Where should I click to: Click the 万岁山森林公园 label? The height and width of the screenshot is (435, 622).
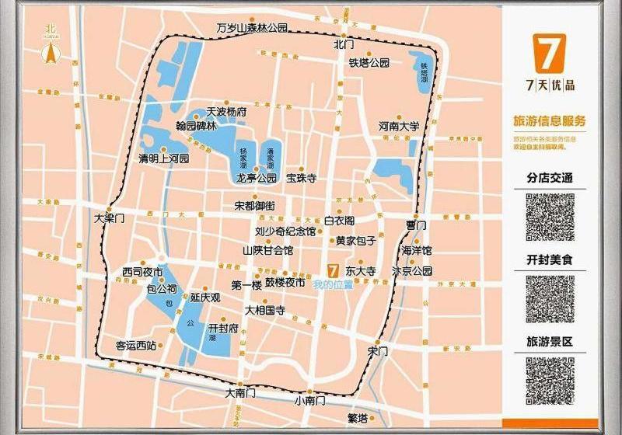coord(252,28)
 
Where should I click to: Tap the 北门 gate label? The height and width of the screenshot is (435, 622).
coord(343,45)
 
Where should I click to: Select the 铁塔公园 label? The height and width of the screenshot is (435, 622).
coord(369,63)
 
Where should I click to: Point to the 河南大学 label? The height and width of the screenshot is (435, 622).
coord(400,126)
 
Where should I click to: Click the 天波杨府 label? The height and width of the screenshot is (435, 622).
coord(225,112)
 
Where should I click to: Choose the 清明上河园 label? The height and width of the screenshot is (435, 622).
coord(163,158)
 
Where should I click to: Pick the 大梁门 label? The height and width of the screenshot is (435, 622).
coord(109,218)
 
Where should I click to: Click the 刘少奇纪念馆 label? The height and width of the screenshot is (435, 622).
coord(285,231)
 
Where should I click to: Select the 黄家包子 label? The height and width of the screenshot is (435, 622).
coord(357,241)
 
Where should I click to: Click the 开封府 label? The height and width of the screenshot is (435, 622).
coord(222,329)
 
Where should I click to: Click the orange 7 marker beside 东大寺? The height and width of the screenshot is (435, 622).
coord(332,272)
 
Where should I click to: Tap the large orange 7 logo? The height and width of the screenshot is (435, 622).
coord(549,54)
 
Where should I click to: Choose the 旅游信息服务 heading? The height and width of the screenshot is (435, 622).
coord(550,121)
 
